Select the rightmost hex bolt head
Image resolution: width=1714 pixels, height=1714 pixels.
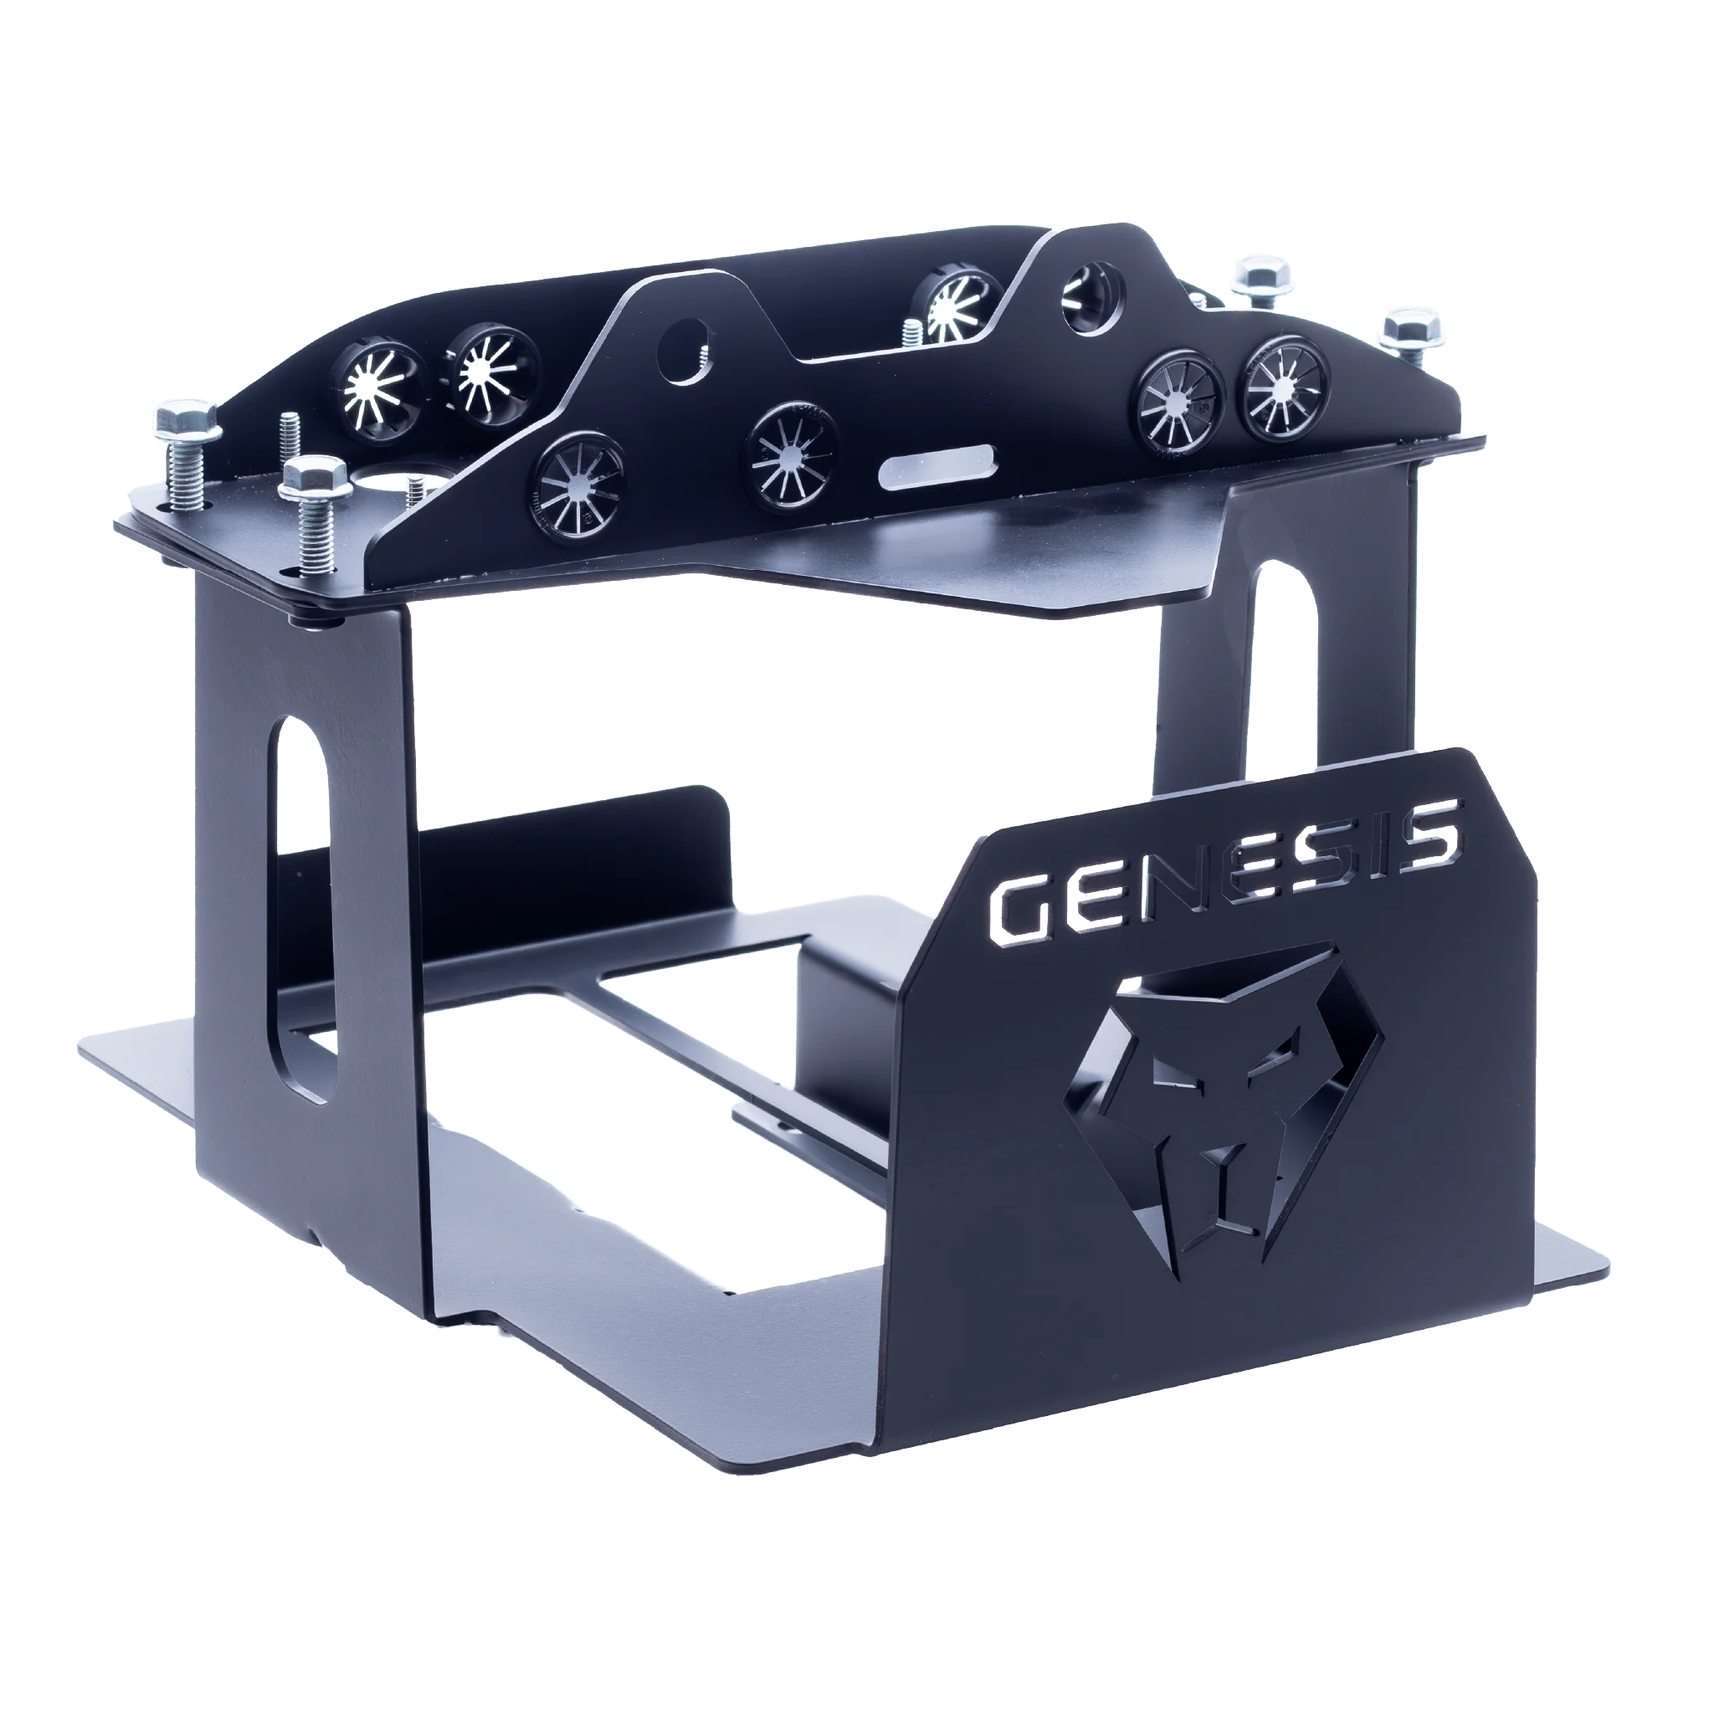1414,331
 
